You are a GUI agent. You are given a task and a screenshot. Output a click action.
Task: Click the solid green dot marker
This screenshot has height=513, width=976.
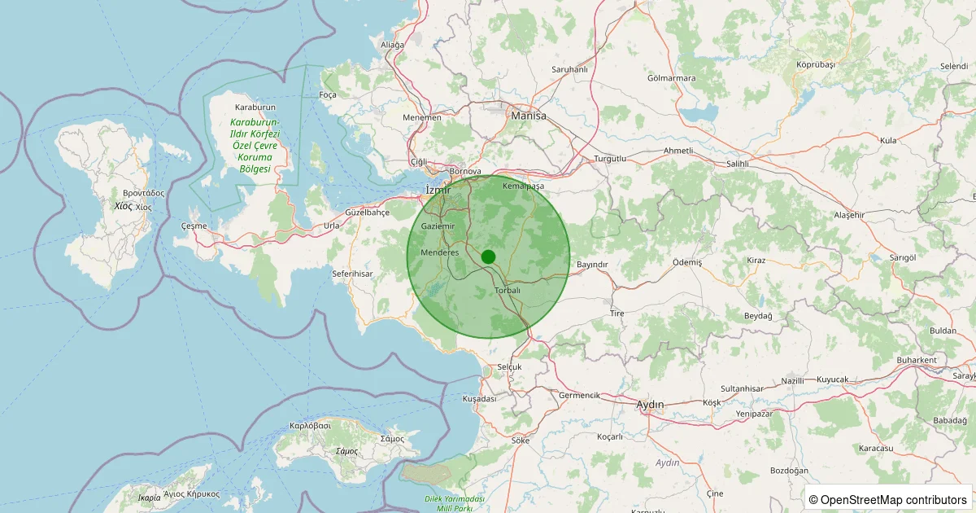pyautogui.click(x=488, y=256)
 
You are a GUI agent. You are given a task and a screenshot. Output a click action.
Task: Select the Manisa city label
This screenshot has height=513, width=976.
pyautogui.click(x=529, y=116)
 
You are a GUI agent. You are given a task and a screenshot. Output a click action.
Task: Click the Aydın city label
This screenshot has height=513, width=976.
pyautogui.click(x=650, y=405)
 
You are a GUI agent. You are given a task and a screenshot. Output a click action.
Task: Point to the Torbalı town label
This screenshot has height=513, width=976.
pyautogui.click(x=508, y=291)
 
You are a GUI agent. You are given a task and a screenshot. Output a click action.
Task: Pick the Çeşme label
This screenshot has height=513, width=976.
pyautogui.click(x=194, y=226)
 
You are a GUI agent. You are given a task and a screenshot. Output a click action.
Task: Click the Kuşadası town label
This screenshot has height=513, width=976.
pyautogui.click(x=478, y=399)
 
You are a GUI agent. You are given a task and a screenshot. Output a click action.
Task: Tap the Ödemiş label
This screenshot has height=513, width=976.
pyautogui.click(x=686, y=262)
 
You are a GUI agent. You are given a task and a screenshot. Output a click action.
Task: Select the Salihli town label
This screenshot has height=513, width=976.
pyautogui.click(x=737, y=164)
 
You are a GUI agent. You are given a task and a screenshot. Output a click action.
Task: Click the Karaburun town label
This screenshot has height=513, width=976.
pyautogui.click(x=255, y=107)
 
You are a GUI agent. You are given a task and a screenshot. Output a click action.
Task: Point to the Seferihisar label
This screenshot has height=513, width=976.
pyautogui.click(x=352, y=274)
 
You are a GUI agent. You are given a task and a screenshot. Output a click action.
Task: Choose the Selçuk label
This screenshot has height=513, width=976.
pyautogui.click(x=508, y=367)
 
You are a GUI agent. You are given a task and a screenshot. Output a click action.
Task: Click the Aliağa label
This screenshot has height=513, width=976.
pyautogui.click(x=392, y=45)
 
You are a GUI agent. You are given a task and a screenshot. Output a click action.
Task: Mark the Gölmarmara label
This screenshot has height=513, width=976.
pyautogui.click(x=671, y=79)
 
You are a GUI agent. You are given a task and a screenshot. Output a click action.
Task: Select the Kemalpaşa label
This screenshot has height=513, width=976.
pyautogui.click(x=523, y=186)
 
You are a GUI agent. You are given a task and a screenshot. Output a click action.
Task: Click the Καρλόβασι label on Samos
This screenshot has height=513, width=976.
pyautogui.click(x=310, y=426)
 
